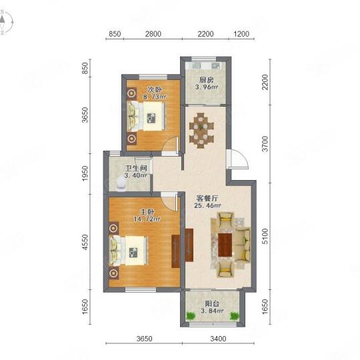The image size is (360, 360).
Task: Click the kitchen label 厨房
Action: [206, 80]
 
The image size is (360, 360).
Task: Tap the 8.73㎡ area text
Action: [155, 97]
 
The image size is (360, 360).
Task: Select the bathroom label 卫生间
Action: [136, 168]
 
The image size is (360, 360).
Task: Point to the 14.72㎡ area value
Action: [147, 219]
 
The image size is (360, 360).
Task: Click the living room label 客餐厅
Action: [207, 198]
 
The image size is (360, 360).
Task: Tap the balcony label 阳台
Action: [212, 304]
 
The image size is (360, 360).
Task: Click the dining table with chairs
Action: [201, 131]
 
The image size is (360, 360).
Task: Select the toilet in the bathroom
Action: [121, 185]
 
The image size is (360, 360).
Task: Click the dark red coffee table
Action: [225, 245]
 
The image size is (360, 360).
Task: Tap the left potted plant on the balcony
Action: [190, 316]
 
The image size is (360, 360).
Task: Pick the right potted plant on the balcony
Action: [235, 316]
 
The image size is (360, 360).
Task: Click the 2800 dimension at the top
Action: [153, 34]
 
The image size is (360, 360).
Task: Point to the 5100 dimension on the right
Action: [265, 236]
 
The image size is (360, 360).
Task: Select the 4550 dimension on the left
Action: [85, 242]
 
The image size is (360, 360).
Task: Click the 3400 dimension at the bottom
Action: [218, 339]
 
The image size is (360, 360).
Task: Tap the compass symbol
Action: [6, 22]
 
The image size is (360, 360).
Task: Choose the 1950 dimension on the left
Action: [85, 173]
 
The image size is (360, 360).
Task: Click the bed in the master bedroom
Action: [129, 251]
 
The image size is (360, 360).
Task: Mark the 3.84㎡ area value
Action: [213, 311]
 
